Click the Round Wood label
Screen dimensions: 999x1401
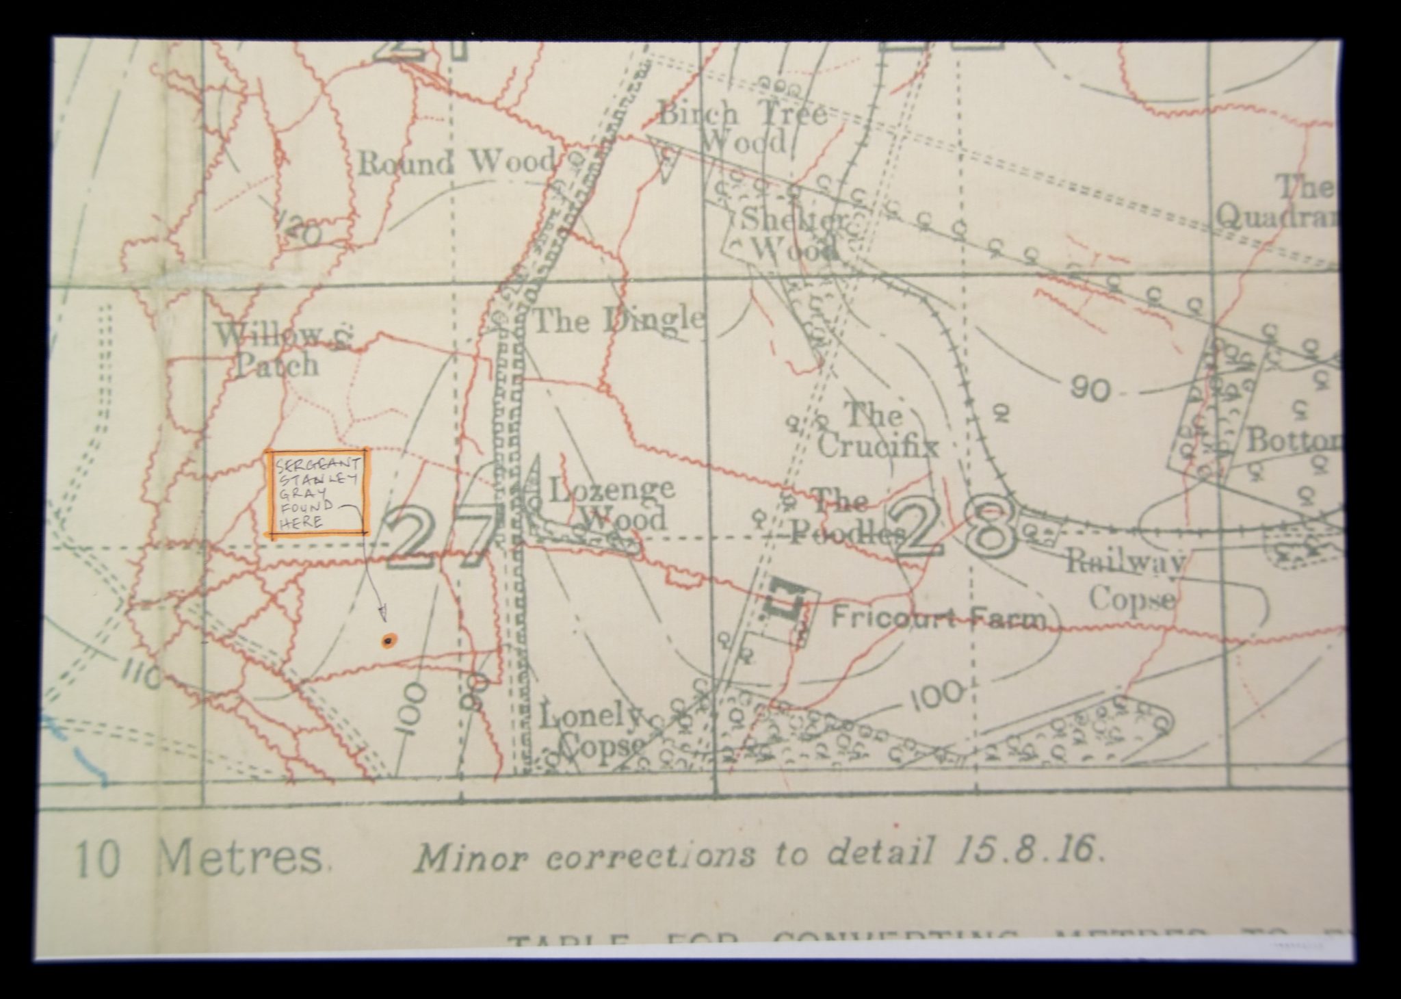(457, 163)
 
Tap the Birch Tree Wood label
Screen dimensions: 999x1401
(742, 128)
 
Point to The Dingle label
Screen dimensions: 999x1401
(618, 320)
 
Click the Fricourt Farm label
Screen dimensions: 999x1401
(938, 619)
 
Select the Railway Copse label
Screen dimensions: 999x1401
(1127, 582)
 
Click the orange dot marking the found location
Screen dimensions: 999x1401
(388, 641)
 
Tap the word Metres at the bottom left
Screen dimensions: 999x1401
(239, 858)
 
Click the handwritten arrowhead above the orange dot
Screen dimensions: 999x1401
(382, 611)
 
